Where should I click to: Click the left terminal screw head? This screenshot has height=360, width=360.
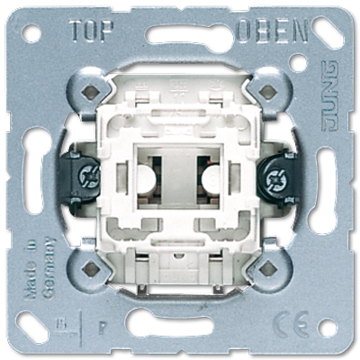pos(88,177)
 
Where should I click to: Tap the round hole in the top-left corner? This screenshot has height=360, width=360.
pos(32,34)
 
